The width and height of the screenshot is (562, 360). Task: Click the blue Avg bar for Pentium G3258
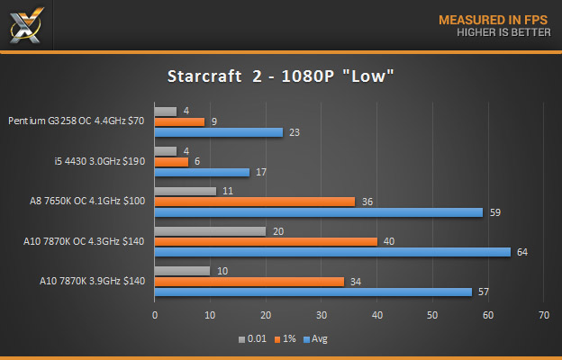(219, 131)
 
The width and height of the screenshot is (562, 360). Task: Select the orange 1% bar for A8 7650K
(255, 202)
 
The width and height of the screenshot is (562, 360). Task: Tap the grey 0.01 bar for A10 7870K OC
(210, 230)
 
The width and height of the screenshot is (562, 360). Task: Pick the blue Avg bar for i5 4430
(202, 172)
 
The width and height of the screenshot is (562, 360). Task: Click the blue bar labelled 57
(313, 292)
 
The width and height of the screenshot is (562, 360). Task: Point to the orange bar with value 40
(266, 241)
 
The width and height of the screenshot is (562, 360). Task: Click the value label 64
(521, 252)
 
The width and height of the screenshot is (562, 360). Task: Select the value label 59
(494, 212)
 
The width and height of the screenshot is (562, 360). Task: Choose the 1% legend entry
(286, 339)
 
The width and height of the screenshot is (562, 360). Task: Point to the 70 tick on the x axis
(543, 316)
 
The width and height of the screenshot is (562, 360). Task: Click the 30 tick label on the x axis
(322, 316)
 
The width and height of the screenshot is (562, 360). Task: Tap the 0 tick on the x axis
(155, 316)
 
